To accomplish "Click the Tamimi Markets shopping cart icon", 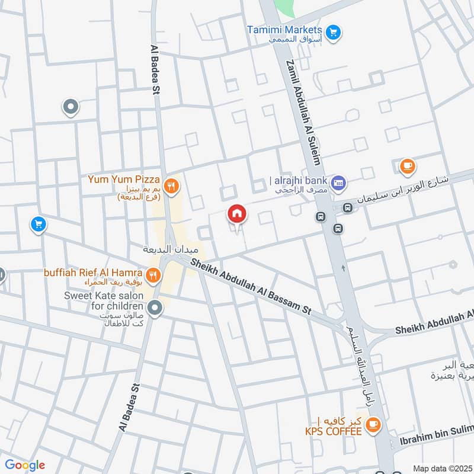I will point(333,31).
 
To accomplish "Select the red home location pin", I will point(237,214).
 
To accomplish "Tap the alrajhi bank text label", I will point(298,181).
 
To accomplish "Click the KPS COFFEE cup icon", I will point(373,423).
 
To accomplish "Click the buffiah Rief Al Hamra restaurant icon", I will point(153,274).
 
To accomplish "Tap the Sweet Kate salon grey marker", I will point(155,308).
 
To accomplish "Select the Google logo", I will point(24,465).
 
